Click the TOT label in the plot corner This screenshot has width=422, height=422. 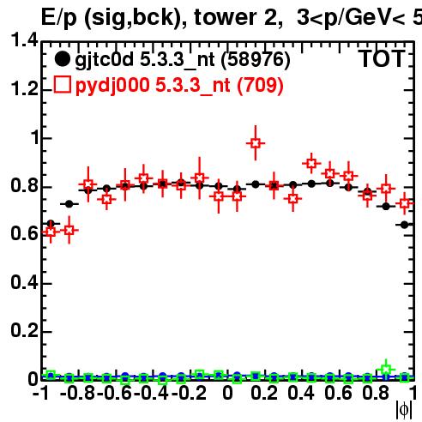tap(382, 58)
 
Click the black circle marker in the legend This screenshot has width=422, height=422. tap(62, 59)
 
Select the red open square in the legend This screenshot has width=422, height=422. tap(62, 85)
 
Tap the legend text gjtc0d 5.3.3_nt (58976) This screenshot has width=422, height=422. tap(183, 60)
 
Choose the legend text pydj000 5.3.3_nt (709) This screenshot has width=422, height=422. tap(179, 85)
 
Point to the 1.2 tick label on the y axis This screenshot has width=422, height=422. tap(24, 89)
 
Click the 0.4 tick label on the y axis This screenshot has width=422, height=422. tap(24, 283)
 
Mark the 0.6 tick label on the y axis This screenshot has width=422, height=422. tap(24, 234)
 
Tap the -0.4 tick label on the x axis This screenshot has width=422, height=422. tap(152, 393)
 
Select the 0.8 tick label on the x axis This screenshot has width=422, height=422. tap(376, 393)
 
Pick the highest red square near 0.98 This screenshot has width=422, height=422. tap(256, 143)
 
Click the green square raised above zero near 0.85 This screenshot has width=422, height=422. tap(386, 370)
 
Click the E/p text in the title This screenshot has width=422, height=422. tap(59, 18)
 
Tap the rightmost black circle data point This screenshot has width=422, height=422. tap(404, 225)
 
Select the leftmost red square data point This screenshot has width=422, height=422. tap(51, 232)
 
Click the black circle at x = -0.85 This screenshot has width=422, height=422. tap(69, 204)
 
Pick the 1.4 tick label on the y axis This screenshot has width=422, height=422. tap(24, 40)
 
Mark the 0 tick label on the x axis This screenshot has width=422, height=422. tap(227, 393)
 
